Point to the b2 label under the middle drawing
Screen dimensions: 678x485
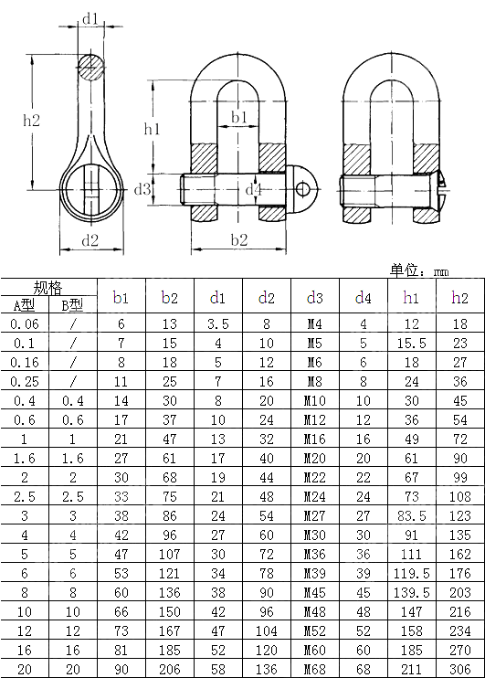(x=238, y=240)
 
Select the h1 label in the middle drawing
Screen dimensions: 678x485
(x=152, y=130)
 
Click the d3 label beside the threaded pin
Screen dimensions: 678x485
(x=142, y=189)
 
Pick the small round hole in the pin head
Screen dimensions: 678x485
(x=303, y=189)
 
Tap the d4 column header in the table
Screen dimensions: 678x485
(x=363, y=297)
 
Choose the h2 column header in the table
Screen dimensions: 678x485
(x=459, y=297)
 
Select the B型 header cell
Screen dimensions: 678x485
(x=72, y=305)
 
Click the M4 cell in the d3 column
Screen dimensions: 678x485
(x=314, y=323)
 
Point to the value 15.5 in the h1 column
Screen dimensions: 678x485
(x=411, y=343)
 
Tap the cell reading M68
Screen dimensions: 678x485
(x=314, y=669)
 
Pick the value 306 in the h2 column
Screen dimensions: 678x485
(x=459, y=669)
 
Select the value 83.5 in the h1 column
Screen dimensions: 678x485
(x=411, y=515)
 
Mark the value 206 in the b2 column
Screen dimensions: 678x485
(x=170, y=669)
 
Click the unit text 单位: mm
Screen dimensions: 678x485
(x=419, y=270)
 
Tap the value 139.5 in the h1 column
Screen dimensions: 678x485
(x=411, y=592)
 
